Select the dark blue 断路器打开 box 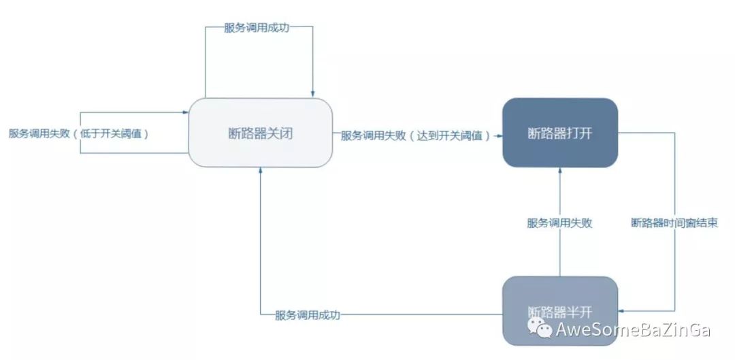[x=560, y=133]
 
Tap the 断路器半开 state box [x=560, y=311]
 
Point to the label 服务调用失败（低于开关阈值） [x=79, y=134]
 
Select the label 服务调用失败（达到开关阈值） [x=415, y=135]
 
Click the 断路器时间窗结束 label [x=674, y=223]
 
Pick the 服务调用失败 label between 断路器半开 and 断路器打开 [x=559, y=223]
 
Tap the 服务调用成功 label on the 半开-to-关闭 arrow [x=308, y=315]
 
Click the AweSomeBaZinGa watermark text [x=633, y=331]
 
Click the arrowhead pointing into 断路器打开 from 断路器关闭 [x=498, y=135]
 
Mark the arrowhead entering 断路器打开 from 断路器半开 [x=560, y=171]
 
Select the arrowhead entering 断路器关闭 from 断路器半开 [x=260, y=171]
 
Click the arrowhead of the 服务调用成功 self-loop [x=312, y=94]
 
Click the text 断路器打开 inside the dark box [x=560, y=133]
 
